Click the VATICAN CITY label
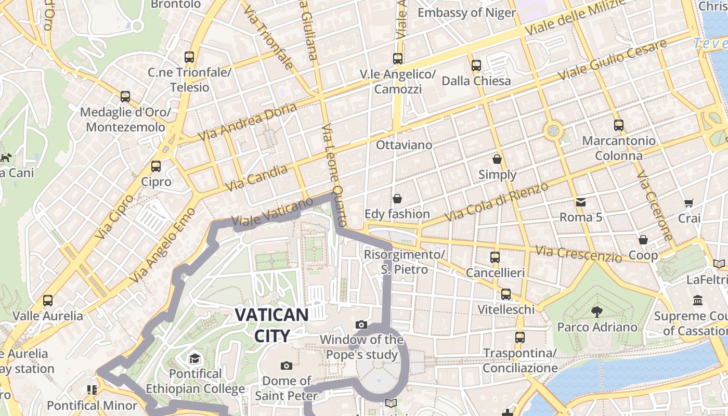[271, 324]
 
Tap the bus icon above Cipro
[155, 166]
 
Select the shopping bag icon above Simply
[497, 159]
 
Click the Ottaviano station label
[404, 145]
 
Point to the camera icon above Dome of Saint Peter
[286, 366]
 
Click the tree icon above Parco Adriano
[596, 311]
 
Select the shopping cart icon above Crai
[689, 203]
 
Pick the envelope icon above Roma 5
[580, 202]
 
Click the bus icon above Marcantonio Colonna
[618, 125]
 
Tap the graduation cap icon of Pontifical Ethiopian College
[194, 358]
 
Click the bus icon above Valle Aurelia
[48, 300]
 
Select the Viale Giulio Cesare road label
[612, 60]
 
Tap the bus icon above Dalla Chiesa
[476, 66]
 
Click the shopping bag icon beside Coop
[643, 240]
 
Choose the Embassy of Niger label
[466, 12]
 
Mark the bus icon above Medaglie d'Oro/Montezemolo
[125, 96]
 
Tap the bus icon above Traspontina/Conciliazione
[519, 337]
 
